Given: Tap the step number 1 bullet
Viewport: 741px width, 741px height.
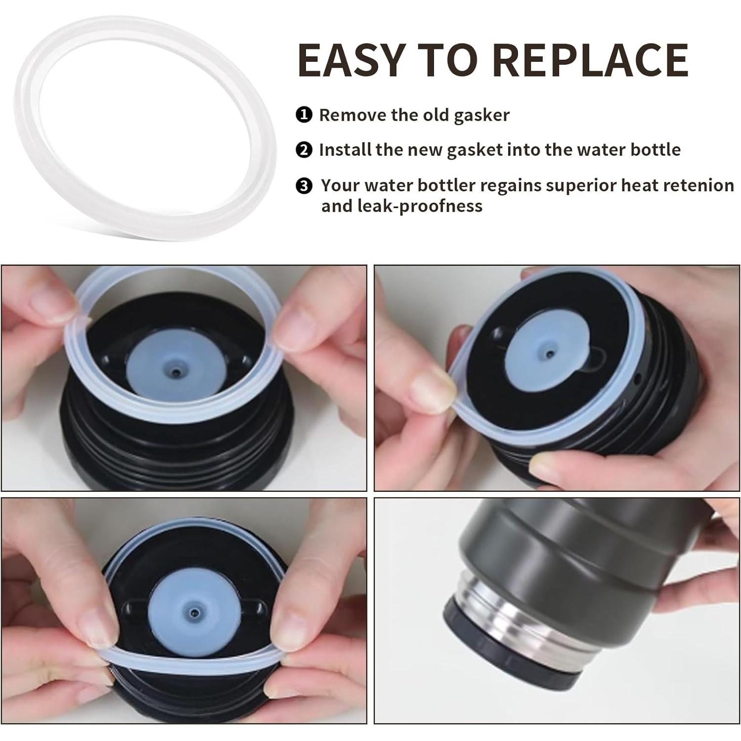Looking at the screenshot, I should [x=304, y=115].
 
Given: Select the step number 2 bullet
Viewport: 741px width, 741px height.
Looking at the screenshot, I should [x=304, y=150].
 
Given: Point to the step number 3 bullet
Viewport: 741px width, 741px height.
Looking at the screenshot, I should [x=304, y=186].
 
